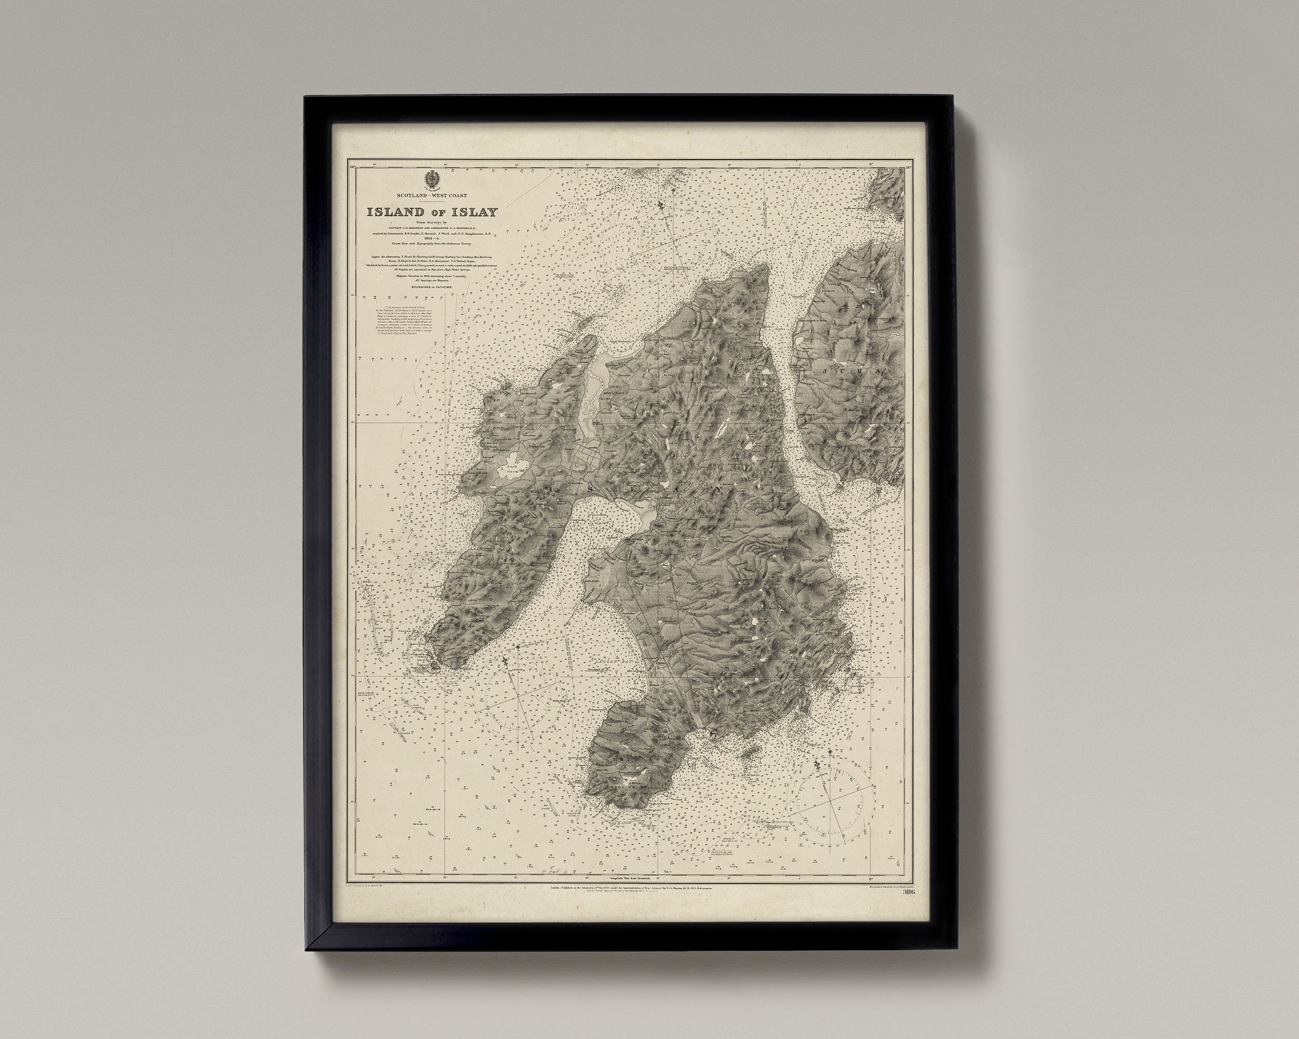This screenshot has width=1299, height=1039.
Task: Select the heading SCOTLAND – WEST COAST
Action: pos(431,196)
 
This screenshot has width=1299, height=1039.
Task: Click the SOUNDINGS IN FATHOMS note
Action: pos(431,288)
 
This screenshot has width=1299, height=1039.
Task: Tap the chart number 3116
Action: pos(909,893)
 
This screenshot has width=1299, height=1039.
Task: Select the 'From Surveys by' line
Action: pos(431,223)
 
